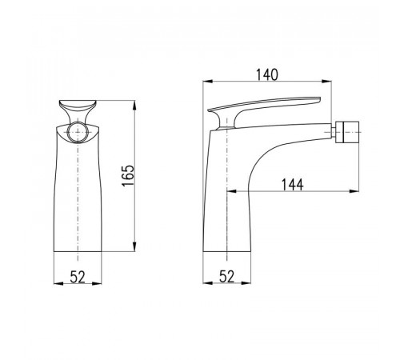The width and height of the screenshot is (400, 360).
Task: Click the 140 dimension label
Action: tap(267, 74)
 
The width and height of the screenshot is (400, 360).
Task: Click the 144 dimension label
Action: tap(293, 185)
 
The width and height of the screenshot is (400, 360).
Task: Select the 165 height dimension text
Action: tap(128, 175)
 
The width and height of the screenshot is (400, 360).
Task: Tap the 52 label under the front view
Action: tap(78, 277)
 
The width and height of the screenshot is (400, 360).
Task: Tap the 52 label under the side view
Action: tap(226, 276)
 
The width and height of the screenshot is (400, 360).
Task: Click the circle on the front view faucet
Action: tap(78, 133)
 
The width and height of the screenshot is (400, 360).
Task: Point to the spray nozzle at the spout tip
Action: tap(347, 132)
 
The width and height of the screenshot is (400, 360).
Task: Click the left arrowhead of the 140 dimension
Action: tap(208, 82)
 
